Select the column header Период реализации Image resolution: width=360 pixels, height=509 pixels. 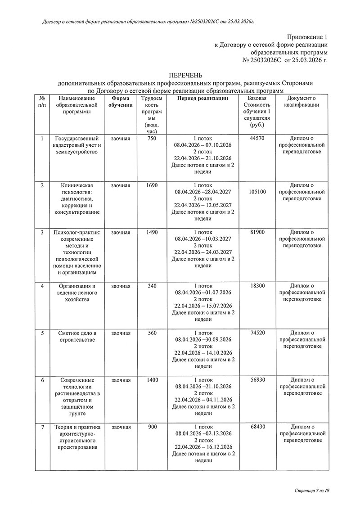[x=202, y=98]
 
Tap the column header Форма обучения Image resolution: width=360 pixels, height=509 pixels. [x=121, y=102]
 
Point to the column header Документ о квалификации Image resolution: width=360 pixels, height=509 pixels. [x=302, y=102]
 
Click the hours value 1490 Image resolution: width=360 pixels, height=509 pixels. [x=152, y=233]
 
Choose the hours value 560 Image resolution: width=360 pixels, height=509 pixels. [x=152, y=333]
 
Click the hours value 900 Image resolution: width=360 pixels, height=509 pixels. [x=152, y=427]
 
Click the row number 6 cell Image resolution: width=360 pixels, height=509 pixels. [x=42, y=380]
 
